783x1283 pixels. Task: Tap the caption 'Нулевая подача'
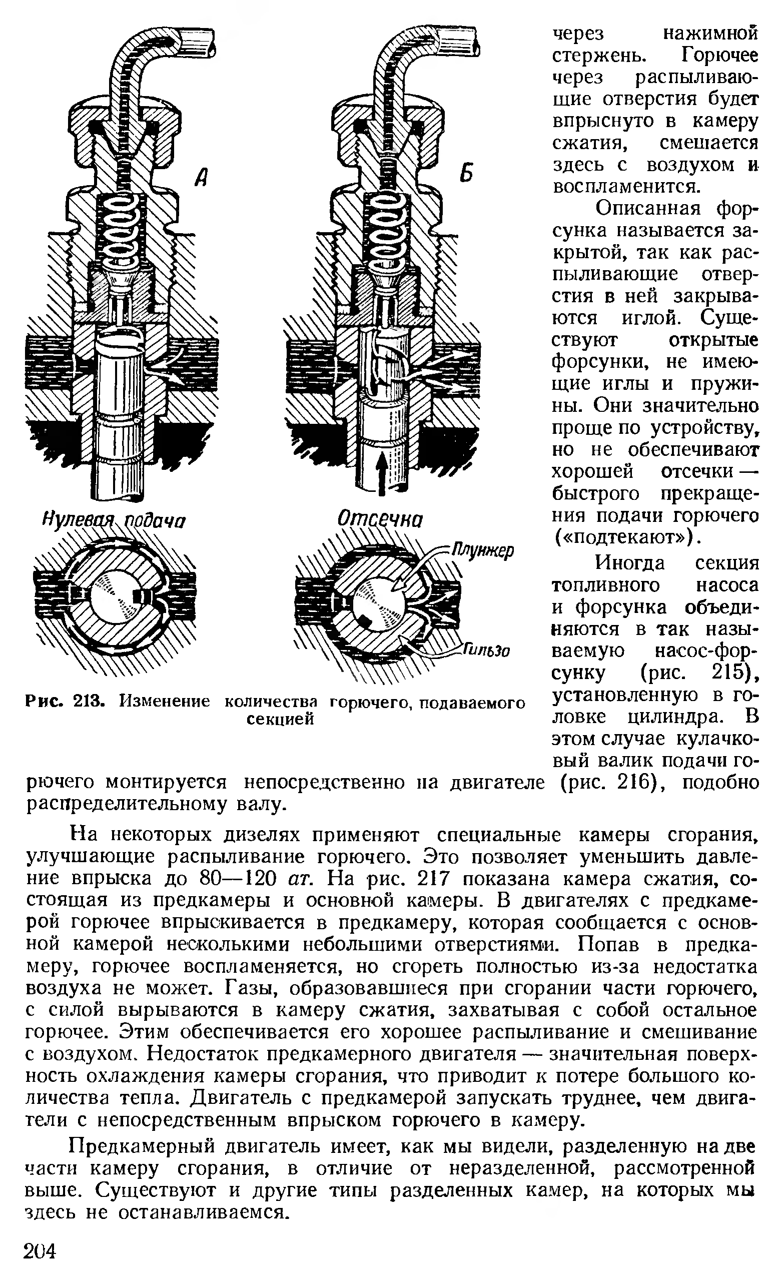click(114, 521)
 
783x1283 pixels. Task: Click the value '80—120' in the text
click(237, 879)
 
